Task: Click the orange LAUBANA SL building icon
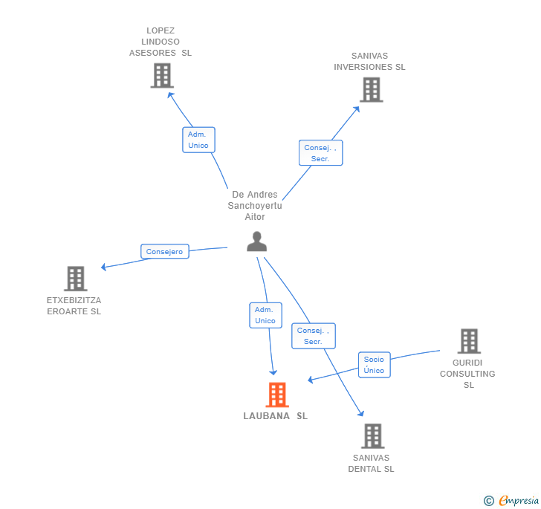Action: coord(277,395)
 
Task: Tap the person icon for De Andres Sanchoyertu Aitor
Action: coord(256,241)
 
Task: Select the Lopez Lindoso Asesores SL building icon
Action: coord(161,76)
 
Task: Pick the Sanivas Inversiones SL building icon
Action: coord(371,90)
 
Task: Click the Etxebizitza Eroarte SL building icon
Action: coord(75,279)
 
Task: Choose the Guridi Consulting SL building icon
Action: coord(468,341)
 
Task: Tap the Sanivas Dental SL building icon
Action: coord(372,436)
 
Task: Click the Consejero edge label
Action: coord(164,252)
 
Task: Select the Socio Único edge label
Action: coord(374,365)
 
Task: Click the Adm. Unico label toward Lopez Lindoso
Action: coord(198,140)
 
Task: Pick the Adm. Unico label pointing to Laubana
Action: coord(265,315)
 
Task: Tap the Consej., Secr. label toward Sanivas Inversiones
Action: coord(320,153)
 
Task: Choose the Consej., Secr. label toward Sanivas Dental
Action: coord(313,336)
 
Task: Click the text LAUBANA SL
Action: coord(275,416)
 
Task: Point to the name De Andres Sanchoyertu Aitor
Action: coord(255,206)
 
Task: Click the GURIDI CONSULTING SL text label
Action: coord(468,374)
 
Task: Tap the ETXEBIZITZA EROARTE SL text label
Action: coord(74,306)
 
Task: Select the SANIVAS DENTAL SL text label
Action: coord(371,464)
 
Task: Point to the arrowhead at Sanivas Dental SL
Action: coord(362,414)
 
